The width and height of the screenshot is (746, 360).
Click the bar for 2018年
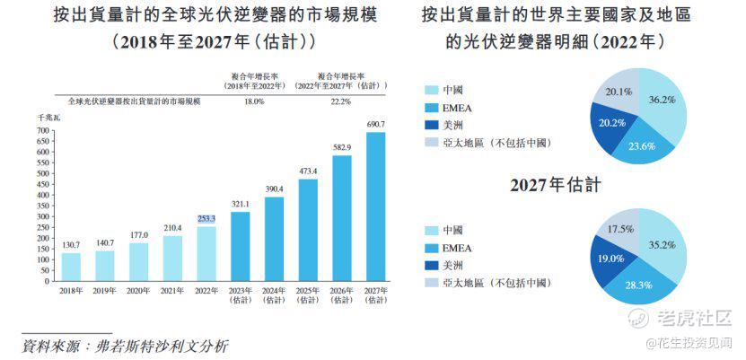tap(71, 267)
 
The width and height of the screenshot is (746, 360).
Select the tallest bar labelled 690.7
tap(375, 206)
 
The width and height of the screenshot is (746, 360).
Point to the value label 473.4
tap(308, 171)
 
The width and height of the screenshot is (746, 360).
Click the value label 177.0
tap(138, 235)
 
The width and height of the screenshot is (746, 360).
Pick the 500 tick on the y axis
tap(42, 173)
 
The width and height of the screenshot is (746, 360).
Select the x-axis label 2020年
tap(138, 291)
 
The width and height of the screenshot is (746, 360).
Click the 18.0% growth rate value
tap(254, 101)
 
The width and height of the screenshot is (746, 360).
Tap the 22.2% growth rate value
tap(340, 101)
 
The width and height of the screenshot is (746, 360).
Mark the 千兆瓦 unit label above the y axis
tap(47, 118)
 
